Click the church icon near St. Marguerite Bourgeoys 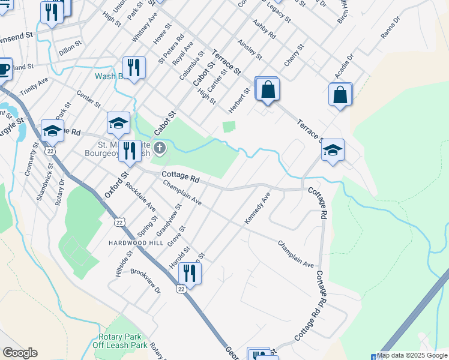[x=160, y=148]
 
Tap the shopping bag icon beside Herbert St [x=268, y=90]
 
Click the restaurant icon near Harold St [x=189, y=274]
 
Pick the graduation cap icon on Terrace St [x=333, y=151]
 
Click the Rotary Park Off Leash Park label [x=122, y=341]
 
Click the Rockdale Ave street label [x=140, y=197]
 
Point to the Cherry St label [x=295, y=55]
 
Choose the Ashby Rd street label [x=264, y=29]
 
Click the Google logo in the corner [x=20, y=353]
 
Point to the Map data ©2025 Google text [x=412, y=355]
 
